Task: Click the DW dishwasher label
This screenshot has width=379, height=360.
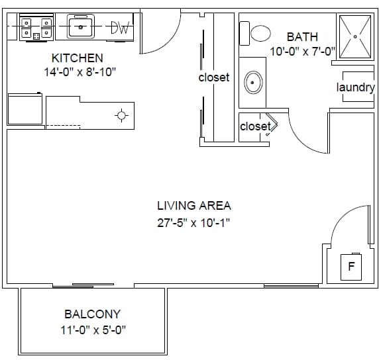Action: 120,28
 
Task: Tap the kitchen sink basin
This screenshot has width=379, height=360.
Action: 80,27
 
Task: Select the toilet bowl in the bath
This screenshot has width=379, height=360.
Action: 260,33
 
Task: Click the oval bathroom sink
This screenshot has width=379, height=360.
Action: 253,83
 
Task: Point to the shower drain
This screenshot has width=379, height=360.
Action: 355,36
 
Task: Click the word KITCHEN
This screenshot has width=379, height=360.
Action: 78,58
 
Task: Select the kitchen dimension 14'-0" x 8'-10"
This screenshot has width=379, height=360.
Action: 80,72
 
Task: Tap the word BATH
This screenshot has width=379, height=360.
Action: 302,37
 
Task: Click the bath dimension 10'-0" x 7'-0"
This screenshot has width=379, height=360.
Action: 302,52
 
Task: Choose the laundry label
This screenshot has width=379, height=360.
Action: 356,87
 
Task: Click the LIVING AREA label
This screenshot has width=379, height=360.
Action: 194,206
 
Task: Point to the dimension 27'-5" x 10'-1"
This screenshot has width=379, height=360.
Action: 193,222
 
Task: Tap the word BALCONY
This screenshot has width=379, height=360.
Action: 92,314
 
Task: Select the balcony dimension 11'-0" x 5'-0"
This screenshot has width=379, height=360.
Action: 93,330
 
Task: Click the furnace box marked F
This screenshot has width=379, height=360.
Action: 351,267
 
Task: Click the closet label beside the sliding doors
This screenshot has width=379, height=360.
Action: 214,77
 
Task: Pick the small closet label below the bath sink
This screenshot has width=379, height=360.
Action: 255,126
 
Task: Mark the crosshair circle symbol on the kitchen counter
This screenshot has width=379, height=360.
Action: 121,115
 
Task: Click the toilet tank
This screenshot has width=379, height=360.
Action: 244,33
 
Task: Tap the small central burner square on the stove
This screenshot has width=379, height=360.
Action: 36,36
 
